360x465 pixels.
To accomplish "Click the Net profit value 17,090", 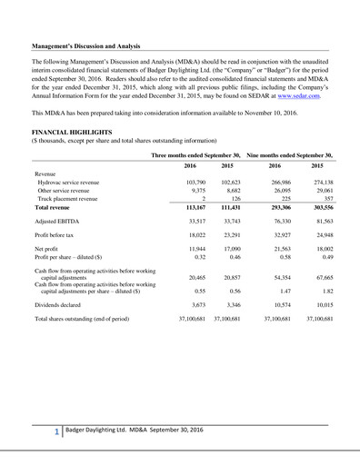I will click(x=231, y=247).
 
